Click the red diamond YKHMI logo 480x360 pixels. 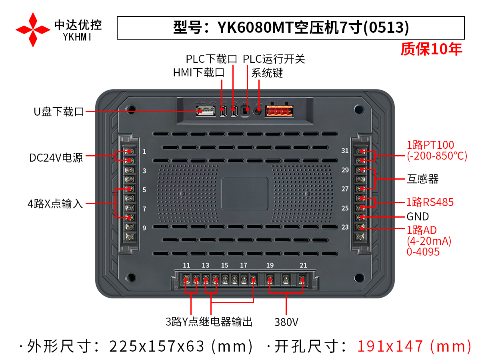pos(33,30)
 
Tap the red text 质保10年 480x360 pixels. pos(431,49)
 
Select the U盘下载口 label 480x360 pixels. pos(59,112)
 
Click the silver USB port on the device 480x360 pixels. pos(205,111)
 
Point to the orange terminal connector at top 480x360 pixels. pos(279,111)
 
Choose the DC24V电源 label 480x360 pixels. pos(56,158)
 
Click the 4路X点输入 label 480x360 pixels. pos(55,204)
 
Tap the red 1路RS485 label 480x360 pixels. pos(430,202)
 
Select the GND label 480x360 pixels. pos(418,217)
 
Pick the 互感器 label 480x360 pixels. pos(422,179)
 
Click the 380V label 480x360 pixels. pos(286,322)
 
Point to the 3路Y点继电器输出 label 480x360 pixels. pos(209,322)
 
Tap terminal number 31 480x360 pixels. pos(345,151)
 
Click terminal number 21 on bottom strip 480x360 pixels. pos(303,265)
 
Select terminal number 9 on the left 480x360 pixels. pos(144,228)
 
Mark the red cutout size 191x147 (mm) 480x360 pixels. pos(414,346)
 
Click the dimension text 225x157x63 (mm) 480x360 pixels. pos(181,346)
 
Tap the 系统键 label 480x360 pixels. pos(267,73)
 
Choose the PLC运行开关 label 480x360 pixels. pos(274,59)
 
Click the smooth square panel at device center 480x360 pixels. pos(245,194)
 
